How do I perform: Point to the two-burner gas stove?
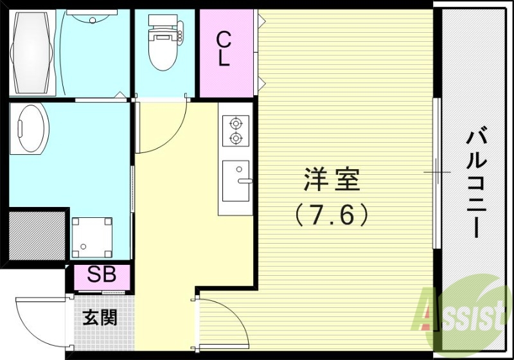coord(236,129)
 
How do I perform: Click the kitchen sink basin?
coord(236,181)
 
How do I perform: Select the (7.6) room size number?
coord(332,215)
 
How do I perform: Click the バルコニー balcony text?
coord(475,183)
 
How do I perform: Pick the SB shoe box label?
coord(102,276)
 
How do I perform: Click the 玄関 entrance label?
coord(100,317)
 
